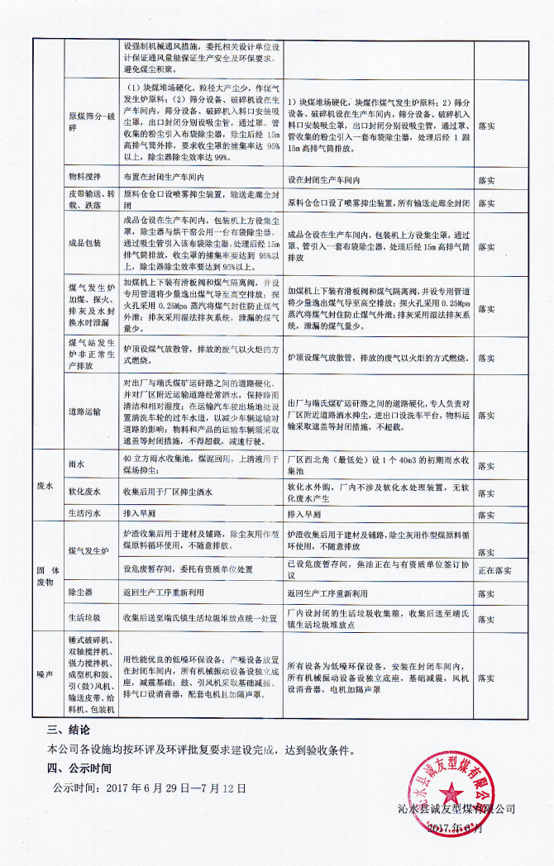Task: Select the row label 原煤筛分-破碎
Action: (87, 124)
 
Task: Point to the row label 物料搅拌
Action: (84, 178)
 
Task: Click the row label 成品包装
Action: (84, 242)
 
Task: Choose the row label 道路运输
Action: (84, 411)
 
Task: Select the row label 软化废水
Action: (84, 492)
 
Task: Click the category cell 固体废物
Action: (46, 577)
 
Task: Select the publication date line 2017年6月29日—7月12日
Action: (150, 788)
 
